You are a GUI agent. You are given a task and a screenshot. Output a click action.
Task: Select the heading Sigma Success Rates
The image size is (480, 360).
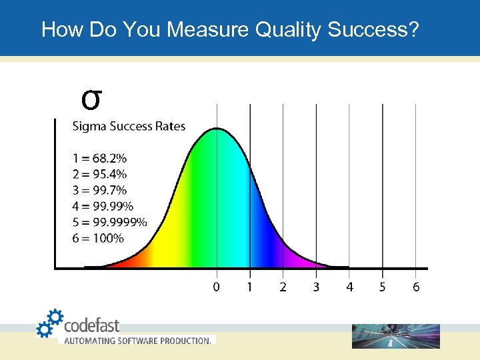pyautogui.click(x=129, y=126)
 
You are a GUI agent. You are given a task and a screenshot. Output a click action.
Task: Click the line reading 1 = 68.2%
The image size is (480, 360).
pyautogui.click(x=99, y=159)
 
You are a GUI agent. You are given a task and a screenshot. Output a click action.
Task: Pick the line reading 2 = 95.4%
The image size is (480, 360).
pyautogui.click(x=99, y=175)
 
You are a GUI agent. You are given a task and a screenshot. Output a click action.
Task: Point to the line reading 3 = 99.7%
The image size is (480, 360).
pyautogui.click(x=99, y=191)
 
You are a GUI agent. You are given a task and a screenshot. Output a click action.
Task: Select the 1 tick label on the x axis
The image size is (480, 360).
pyautogui.click(x=250, y=287)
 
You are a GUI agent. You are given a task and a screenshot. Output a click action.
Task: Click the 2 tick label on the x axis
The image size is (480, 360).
pyautogui.click(x=283, y=287)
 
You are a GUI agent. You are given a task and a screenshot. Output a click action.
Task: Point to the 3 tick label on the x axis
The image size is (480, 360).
pyautogui.click(x=316, y=287)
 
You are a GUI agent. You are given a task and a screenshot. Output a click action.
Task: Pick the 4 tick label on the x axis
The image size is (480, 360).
pyautogui.click(x=349, y=287)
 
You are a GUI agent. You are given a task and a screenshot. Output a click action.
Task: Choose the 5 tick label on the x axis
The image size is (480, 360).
pyautogui.click(x=383, y=287)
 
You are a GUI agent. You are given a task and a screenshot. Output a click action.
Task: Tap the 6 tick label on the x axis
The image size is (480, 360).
pyautogui.click(x=416, y=287)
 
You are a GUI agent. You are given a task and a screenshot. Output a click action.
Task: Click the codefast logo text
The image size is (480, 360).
pyautogui.click(x=91, y=325)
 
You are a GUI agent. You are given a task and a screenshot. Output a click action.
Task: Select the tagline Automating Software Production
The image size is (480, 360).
pyautogui.click(x=137, y=340)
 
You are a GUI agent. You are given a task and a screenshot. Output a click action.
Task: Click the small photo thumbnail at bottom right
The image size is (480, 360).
pyautogui.click(x=396, y=336)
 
